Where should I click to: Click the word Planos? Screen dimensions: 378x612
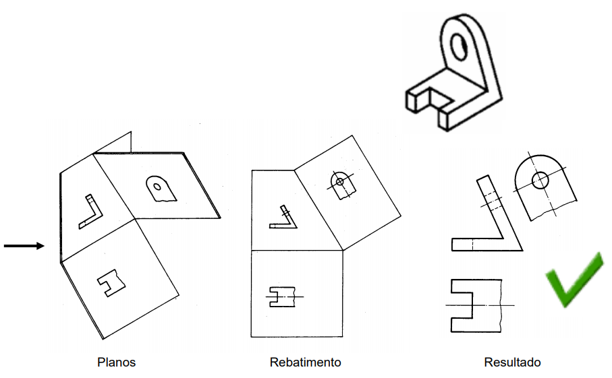(116, 363)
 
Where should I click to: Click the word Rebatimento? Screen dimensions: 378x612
(305, 363)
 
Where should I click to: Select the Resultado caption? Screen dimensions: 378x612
(512, 363)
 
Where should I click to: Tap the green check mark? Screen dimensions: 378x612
(572, 280)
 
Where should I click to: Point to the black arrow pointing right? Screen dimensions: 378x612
(24, 246)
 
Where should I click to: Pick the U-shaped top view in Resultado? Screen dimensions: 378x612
(472, 305)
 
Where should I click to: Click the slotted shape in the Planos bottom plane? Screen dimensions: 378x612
(108, 284)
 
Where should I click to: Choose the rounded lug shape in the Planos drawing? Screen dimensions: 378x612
(161, 189)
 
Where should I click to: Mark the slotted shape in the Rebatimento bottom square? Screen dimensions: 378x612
(281, 296)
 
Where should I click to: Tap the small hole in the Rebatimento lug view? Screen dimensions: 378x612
(341, 181)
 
